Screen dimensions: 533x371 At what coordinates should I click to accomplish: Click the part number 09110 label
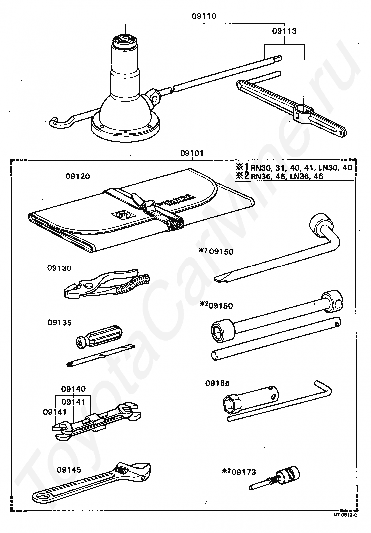[204, 16]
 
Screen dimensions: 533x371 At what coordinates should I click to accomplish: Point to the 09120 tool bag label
[77, 176]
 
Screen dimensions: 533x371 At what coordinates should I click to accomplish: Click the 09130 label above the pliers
[60, 268]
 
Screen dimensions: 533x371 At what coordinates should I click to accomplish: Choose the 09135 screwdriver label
[60, 322]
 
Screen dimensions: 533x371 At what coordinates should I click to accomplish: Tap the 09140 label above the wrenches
[74, 388]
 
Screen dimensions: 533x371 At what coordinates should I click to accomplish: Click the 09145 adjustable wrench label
[69, 469]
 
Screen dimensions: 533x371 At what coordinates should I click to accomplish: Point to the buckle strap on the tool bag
[162, 215]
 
